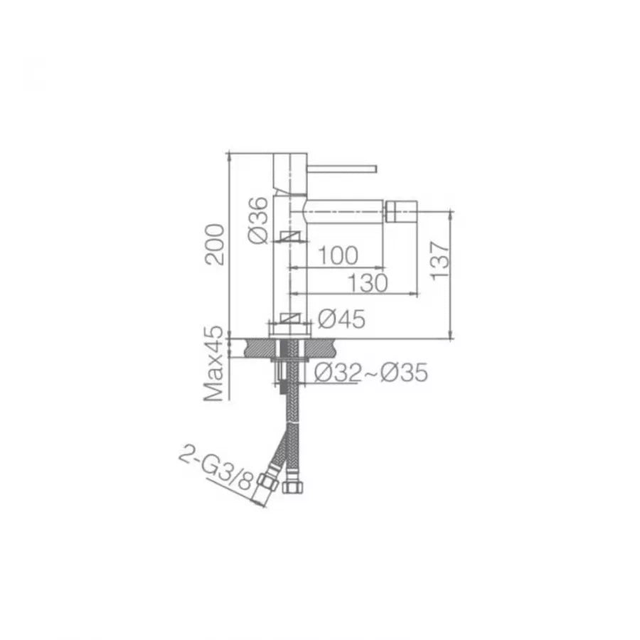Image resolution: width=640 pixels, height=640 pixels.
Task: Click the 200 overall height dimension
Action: (215, 244)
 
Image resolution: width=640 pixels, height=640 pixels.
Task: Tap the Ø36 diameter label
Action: (260, 221)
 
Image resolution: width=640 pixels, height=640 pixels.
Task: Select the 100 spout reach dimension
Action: (334, 256)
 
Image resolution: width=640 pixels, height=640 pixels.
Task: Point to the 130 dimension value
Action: (369, 282)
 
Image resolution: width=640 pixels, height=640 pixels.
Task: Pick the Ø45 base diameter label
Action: (341, 319)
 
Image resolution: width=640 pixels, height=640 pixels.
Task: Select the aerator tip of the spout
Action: (402, 211)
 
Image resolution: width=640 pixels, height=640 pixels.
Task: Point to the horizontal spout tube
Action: (341, 211)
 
